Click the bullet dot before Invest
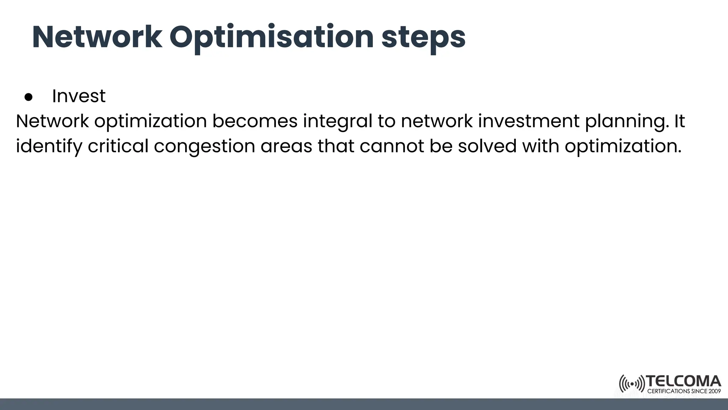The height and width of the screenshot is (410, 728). point(28,97)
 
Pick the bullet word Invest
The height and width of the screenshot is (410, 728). point(79,96)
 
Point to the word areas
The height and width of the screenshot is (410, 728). point(286,146)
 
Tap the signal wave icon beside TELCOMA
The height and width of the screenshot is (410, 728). point(632,384)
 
